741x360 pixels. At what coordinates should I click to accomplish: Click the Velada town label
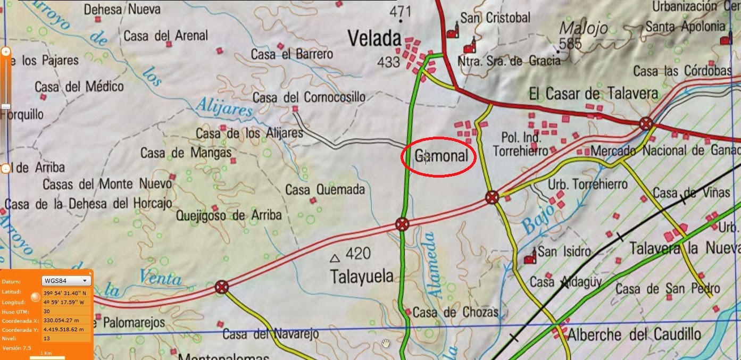[374, 38]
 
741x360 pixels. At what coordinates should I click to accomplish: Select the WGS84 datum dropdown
[66, 281]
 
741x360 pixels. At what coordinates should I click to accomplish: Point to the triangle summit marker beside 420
[335, 258]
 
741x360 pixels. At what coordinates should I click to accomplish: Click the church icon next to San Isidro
[529, 258]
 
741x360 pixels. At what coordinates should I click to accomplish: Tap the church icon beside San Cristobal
[452, 31]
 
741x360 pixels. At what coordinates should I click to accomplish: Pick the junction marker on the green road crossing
[402, 224]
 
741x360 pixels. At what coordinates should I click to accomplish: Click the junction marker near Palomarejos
[222, 288]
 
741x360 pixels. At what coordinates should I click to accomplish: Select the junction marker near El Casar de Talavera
[646, 124]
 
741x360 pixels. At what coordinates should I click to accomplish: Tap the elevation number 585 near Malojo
[571, 44]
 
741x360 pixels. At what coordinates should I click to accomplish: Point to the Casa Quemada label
[325, 190]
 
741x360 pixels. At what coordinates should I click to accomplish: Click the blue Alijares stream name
[223, 108]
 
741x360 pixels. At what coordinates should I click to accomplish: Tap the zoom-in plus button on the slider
[6, 52]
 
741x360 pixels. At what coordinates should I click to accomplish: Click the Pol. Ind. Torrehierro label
[520, 144]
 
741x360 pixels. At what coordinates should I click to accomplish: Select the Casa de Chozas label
[455, 312]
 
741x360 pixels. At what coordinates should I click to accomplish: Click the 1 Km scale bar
[47, 356]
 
